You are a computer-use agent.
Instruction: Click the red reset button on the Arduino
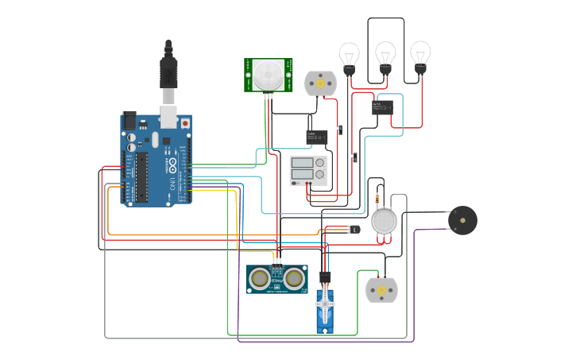(x=185, y=124)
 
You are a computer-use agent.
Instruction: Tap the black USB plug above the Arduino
(x=168, y=72)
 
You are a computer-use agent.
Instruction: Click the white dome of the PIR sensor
(x=268, y=75)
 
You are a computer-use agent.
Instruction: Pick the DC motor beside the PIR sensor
(x=320, y=83)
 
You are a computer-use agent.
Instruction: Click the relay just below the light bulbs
(x=381, y=107)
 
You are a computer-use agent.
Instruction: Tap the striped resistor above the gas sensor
(x=376, y=198)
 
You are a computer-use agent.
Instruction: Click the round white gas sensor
(x=384, y=221)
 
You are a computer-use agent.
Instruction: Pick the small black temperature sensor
(x=354, y=229)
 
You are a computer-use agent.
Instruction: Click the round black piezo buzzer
(x=462, y=220)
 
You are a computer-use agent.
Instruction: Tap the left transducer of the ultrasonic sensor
(x=258, y=278)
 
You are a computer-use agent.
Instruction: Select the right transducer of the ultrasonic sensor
(x=295, y=278)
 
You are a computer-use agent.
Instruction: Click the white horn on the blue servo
(x=324, y=300)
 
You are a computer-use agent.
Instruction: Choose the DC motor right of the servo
(x=381, y=291)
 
